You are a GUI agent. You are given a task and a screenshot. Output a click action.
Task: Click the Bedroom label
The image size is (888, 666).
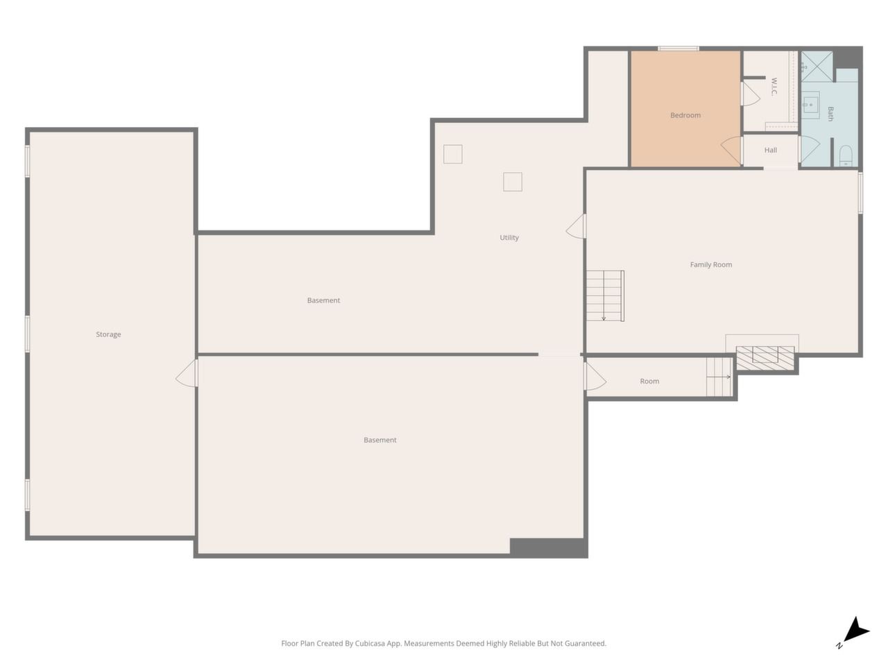click(x=685, y=115)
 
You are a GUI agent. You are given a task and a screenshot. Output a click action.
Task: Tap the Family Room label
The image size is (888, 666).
click(x=710, y=264)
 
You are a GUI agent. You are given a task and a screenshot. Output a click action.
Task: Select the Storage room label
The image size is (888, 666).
click(x=108, y=334)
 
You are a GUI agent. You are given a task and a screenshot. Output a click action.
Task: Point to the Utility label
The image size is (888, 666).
click(x=509, y=237)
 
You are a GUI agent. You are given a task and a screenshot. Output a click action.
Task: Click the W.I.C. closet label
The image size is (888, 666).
click(x=773, y=87)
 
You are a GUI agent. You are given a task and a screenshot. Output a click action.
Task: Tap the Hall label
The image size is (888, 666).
click(x=770, y=150)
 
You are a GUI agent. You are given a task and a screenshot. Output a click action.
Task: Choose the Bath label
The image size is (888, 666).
click(x=830, y=114)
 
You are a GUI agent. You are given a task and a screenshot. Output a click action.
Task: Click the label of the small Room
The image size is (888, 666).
click(x=649, y=381)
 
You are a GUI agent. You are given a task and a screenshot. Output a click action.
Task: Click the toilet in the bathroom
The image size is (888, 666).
click(x=846, y=155)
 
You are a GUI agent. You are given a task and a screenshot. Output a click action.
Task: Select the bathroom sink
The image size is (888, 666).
click(x=810, y=105)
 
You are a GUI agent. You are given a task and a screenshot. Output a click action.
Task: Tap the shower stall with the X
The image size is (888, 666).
click(x=817, y=66)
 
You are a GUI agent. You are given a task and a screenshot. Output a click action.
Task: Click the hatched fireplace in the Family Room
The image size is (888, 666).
click(x=765, y=357)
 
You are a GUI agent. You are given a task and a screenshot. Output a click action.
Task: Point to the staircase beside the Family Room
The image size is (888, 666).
click(x=605, y=296)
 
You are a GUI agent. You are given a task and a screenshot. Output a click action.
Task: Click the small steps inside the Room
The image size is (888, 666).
click(x=719, y=377)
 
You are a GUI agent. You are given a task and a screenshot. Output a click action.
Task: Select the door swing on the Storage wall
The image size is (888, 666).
click(x=187, y=373)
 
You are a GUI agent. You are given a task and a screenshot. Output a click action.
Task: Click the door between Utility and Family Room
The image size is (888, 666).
click(x=576, y=226)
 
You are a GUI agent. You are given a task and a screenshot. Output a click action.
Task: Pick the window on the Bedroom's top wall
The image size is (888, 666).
click(x=678, y=49)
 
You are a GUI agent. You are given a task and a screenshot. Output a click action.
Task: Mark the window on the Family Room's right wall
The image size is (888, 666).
click(x=860, y=192)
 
